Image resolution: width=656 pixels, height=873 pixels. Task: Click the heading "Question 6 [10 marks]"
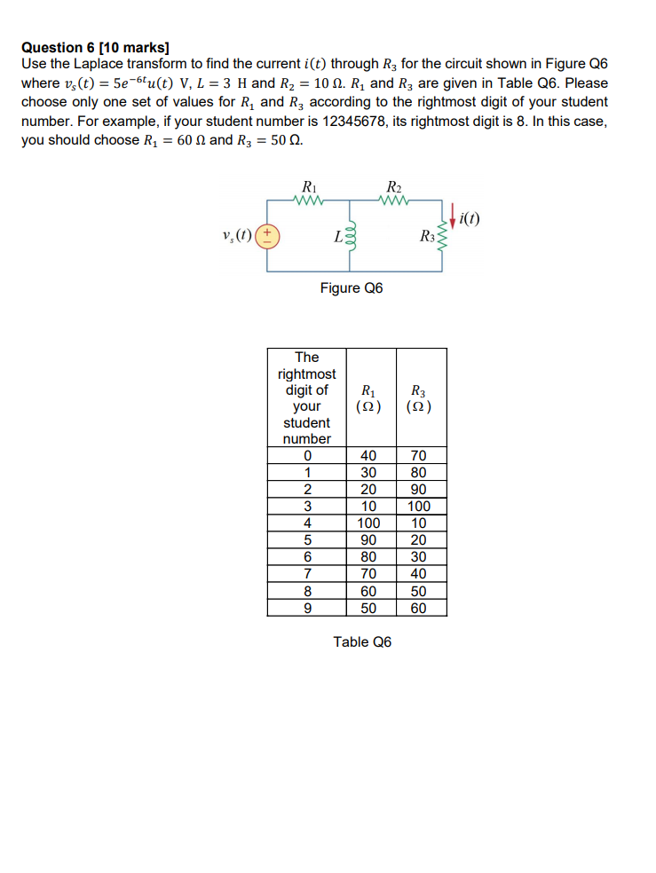tap(95, 47)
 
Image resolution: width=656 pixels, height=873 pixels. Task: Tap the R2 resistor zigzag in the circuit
tap(393, 201)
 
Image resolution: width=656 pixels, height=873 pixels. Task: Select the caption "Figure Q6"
tap(352, 288)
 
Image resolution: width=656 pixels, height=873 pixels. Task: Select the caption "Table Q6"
tap(362, 641)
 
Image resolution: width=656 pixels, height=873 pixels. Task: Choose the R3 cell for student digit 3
tap(419, 507)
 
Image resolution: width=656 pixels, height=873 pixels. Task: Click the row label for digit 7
tap(307, 574)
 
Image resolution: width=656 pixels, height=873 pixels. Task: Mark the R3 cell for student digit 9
tap(419, 608)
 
